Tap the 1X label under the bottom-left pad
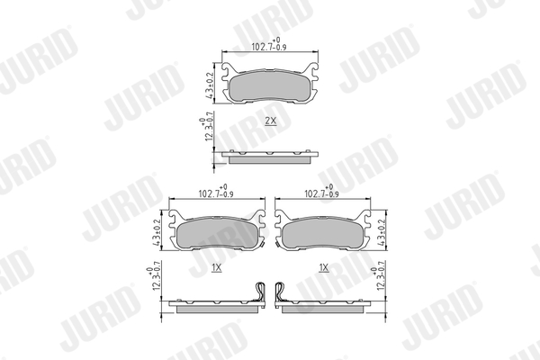click(x=217, y=267)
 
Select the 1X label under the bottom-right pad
click(x=323, y=267)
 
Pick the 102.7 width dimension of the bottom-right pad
click(x=322, y=193)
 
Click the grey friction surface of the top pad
click(x=270, y=87)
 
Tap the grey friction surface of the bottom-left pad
click(x=216, y=235)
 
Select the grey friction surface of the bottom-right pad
click(x=322, y=235)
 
